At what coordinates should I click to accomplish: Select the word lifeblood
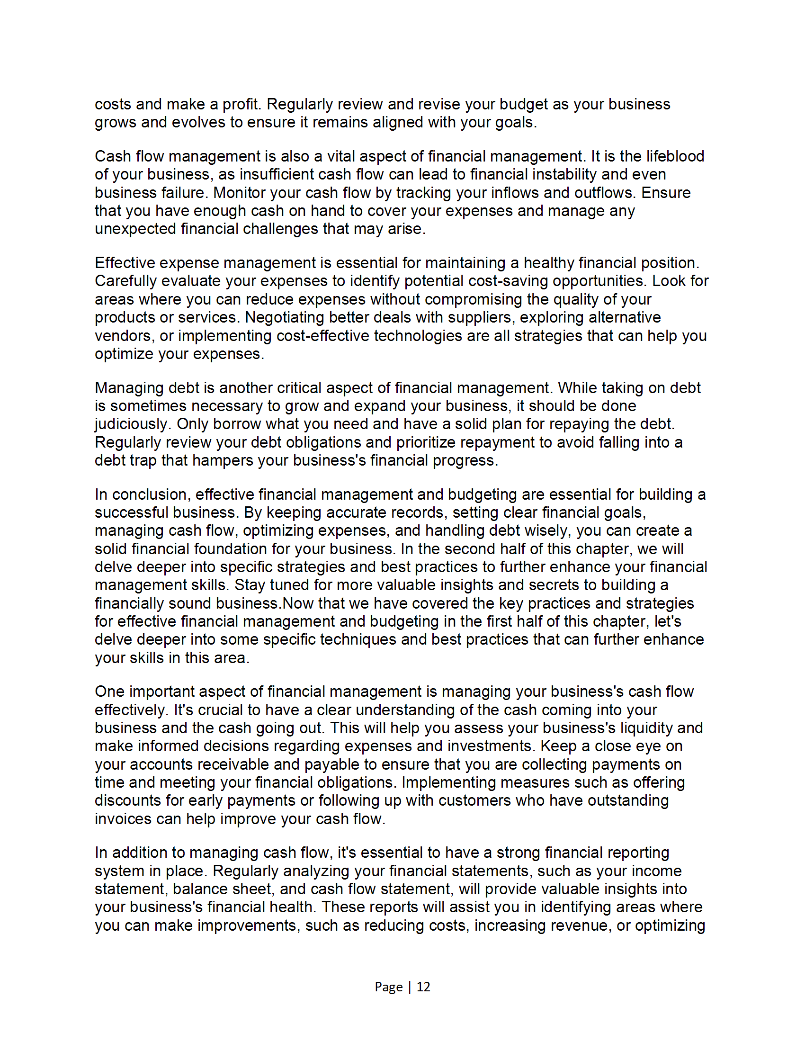point(675,156)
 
